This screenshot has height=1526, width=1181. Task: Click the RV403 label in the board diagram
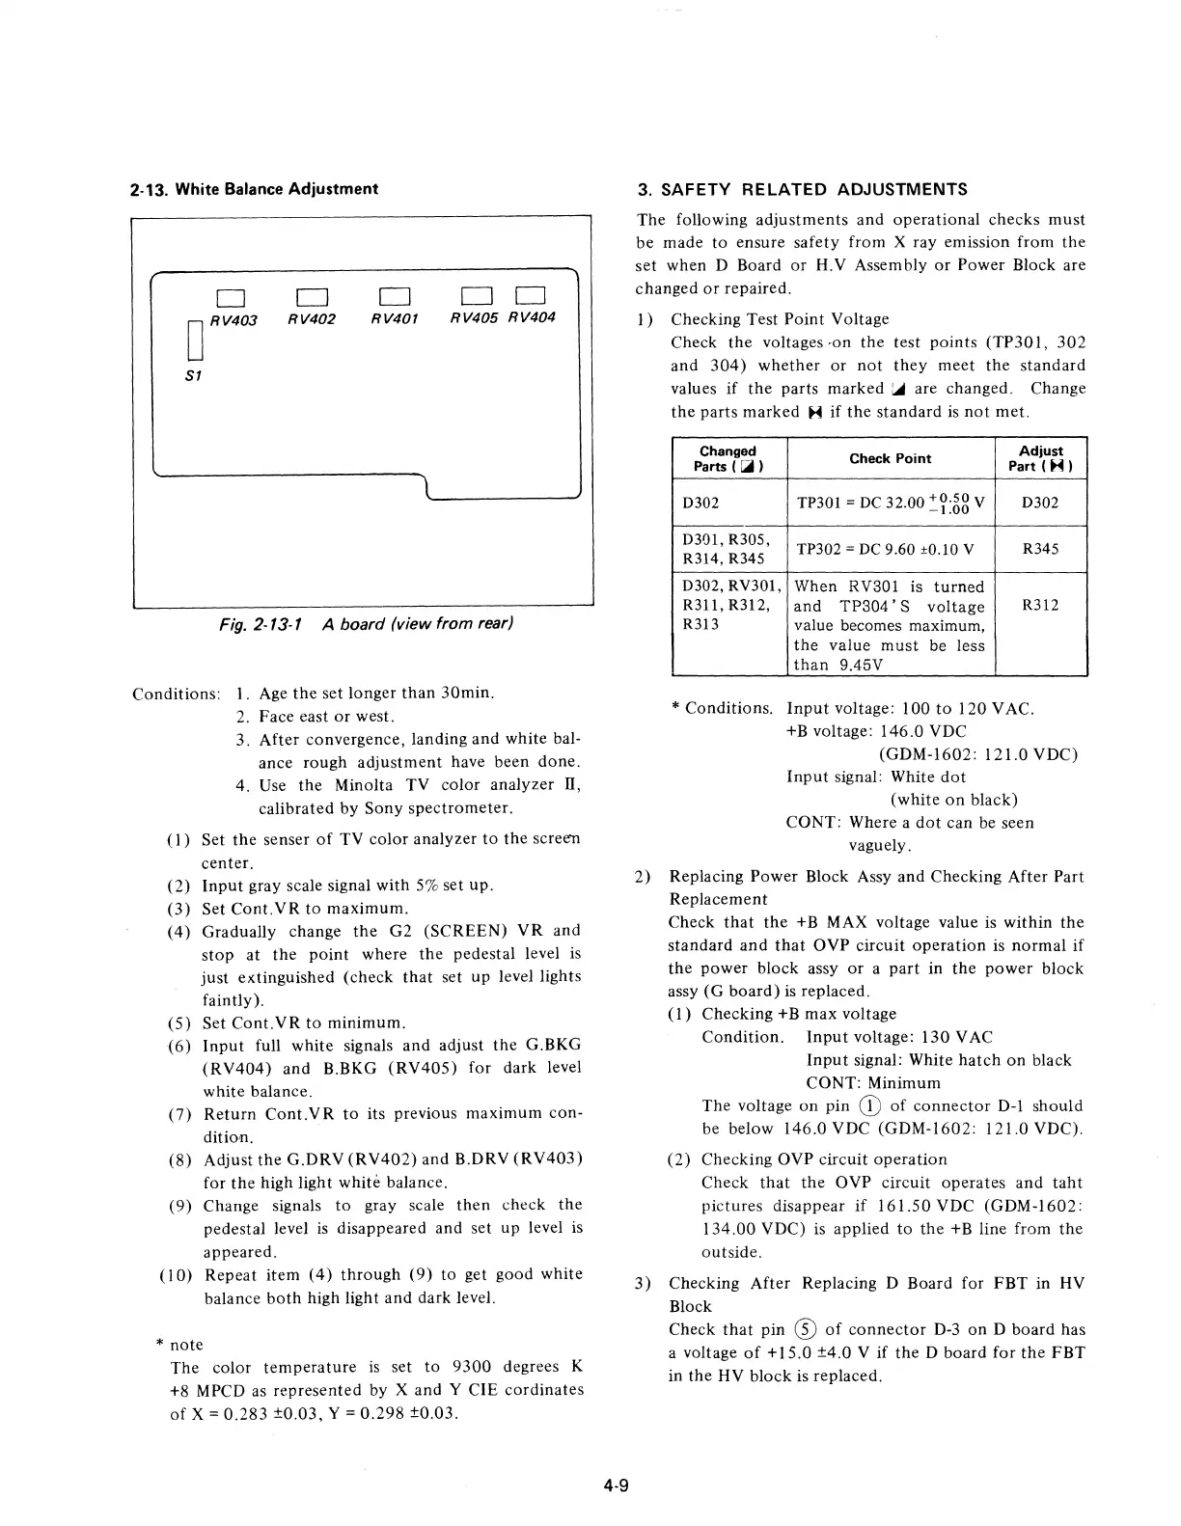click(x=233, y=320)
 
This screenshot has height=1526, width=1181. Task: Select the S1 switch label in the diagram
click(x=192, y=375)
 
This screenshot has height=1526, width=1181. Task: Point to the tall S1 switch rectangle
click(x=191, y=339)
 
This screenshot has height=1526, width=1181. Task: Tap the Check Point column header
click(x=890, y=459)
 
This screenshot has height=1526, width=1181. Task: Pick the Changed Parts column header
click(x=728, y=459)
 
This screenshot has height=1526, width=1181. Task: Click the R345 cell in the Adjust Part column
click(x=1040, y=549)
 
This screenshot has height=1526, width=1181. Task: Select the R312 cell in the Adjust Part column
click(x=1040, y=606)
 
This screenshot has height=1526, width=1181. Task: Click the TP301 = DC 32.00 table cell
click(x=890, y=503)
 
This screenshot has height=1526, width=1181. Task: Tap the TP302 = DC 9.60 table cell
click(x=885, y=550)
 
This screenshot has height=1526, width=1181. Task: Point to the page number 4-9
click(x=617, y=1485)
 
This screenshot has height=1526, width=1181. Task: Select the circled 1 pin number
click(x=870, y=1106)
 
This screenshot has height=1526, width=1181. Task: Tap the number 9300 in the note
click(x=472, y=1367)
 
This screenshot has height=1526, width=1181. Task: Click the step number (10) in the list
click(x=177, y=1275)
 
